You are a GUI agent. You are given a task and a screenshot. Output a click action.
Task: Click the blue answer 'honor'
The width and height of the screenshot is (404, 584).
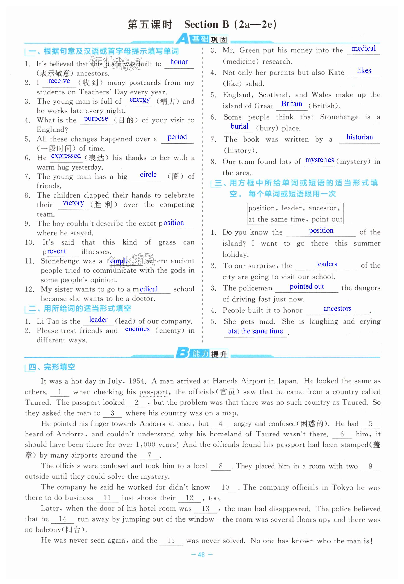[179, 62]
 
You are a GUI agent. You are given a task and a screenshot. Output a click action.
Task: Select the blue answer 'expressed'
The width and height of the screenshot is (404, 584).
[66, 156]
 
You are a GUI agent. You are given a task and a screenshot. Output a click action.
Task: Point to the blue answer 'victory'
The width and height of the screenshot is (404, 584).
[73, 203]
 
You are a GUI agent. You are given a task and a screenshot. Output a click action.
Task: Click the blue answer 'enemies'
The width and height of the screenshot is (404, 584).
[137, 329]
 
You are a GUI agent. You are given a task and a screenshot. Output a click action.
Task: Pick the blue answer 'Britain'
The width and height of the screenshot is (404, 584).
[292, 104]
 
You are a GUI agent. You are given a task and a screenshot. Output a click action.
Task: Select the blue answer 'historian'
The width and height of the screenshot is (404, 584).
[359, 137]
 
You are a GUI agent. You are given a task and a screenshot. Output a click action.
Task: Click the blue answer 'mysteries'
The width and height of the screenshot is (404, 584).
[319, 160]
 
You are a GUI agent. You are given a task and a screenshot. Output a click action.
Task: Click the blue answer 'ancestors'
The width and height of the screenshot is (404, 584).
[337, 309]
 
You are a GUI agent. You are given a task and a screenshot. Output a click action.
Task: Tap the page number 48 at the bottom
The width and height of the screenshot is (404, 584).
[201, 555]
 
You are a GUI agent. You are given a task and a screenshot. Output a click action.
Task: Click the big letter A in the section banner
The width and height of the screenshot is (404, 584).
[182, 39]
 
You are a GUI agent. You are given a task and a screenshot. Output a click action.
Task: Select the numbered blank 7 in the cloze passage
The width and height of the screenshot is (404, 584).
[149, 455]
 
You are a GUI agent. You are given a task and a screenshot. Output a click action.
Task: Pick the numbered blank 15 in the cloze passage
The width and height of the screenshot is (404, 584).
[171, 541]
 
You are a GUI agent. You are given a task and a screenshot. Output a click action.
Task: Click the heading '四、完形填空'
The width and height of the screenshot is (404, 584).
[52, 367]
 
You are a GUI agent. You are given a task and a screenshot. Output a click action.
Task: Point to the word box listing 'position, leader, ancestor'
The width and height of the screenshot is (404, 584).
[295, 214]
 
